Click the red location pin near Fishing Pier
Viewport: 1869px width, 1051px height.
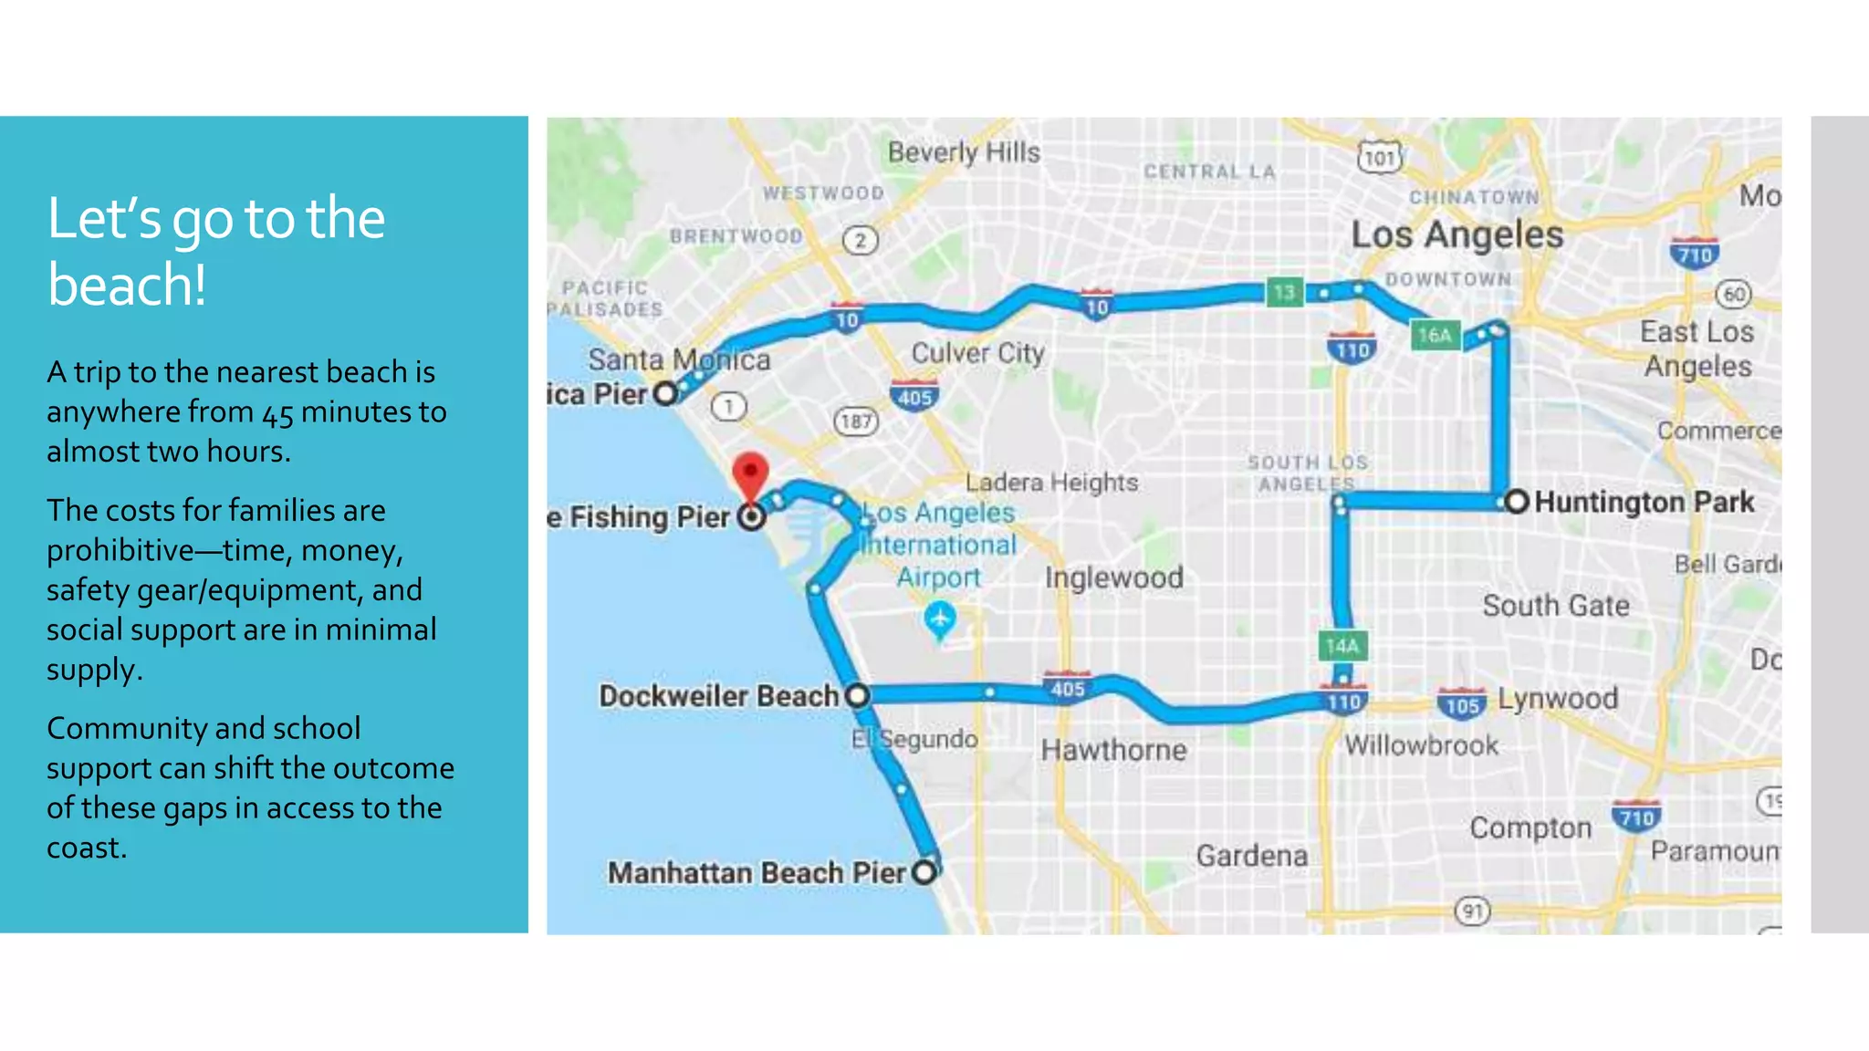[x=750, y=473]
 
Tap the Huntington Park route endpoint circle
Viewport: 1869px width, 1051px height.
[x=1516, y=501]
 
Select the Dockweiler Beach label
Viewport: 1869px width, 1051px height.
[x=718, y=696]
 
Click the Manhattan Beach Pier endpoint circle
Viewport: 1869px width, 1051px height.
[x=924, y=871]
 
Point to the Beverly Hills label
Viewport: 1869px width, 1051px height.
[x=964, y=152]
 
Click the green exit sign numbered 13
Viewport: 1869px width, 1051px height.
[x=1284, y=292]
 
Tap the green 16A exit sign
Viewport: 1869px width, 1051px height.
[x=1434, y=336]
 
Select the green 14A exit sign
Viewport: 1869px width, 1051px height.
[x=1342, y=646]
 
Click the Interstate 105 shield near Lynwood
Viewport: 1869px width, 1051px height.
[x=1461, y=703]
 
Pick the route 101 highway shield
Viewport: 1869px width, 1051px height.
[x=1379, y=157]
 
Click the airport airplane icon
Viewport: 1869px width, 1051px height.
[x=939, y=619]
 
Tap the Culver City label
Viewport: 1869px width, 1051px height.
[x=977, y=353]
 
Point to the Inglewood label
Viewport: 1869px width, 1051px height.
[x=1113, y=578]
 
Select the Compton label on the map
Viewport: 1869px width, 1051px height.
[x=1530, y=827]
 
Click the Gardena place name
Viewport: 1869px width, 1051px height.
[x=1251, y=856]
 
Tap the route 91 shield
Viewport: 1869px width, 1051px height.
[x=1472, y=911]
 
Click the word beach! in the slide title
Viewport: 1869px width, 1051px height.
[x=127, y=285]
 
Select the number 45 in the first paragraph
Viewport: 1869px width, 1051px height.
[x=277, y=413]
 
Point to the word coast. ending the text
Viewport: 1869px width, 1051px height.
[x=87, y=848]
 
